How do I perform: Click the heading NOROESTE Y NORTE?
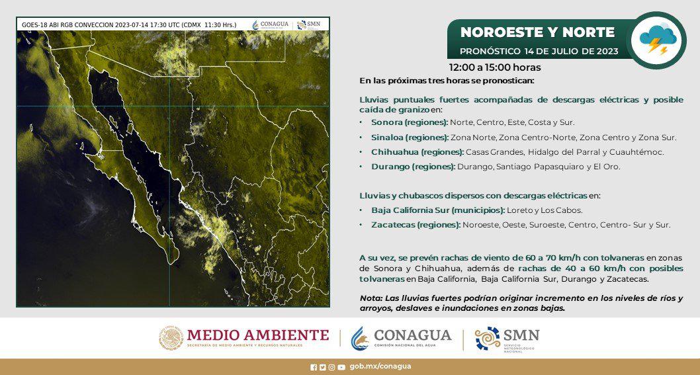click(537, 32)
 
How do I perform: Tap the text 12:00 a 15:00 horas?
click(495, 67)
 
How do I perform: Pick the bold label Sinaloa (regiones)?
click(410, 138)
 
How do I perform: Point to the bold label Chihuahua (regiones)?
click(417, 152)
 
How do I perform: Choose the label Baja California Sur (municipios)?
click(438, 210)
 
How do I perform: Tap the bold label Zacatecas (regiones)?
click(416, 225)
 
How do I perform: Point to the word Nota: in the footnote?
click(370, 299)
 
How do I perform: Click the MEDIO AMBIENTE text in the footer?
click(258, 335)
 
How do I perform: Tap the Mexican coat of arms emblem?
click(171, 338)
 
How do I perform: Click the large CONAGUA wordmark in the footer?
click(412, 335)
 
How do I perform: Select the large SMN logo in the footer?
click(507, 339)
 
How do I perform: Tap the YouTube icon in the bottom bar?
click(341, 368)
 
